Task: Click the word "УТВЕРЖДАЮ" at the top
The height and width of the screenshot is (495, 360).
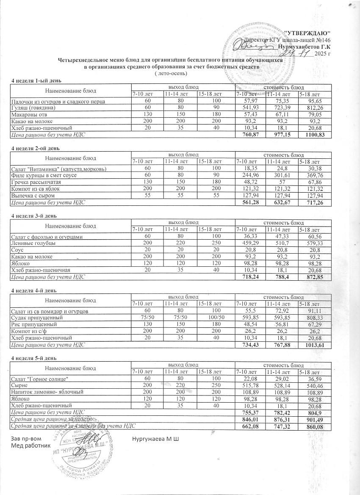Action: pyautogui.click(x=307, y=33)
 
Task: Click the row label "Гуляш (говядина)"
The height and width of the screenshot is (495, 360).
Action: pyautogui.click(x=31, y=108)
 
